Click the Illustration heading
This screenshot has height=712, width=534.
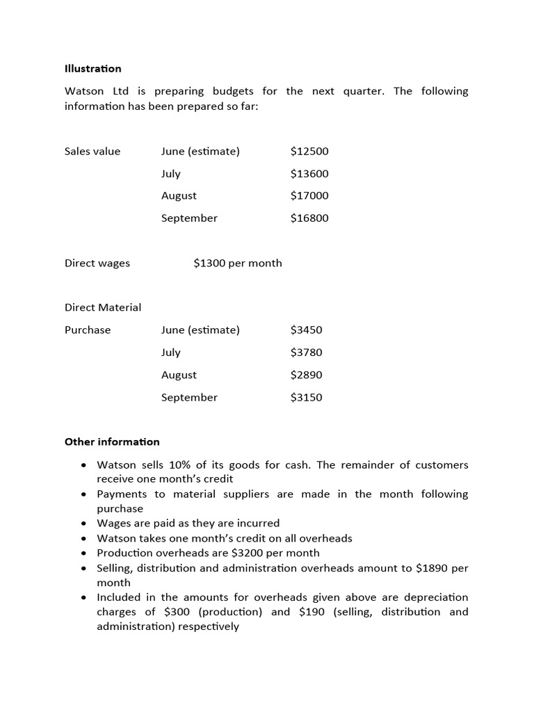[92, 68]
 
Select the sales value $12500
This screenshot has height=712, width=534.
[309, 151]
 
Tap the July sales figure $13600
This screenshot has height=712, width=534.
[309, 173]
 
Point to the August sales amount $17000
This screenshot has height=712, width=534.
[309, 195]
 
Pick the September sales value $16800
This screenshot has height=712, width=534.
[309, 218]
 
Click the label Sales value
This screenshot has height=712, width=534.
[92, 151]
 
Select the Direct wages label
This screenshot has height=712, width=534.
[97, 263]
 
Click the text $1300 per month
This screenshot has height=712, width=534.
[238, 263]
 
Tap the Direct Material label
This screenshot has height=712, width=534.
[103, 307]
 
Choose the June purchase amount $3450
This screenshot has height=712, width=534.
[306, 330]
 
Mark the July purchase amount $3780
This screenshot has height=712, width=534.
[306, 352]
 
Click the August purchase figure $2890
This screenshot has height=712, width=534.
[306, 375]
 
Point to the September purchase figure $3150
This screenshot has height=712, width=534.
[306, 397]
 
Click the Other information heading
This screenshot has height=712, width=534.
[112, 442]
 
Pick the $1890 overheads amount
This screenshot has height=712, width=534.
[431, 568]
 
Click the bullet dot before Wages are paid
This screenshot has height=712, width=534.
[83, 524]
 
